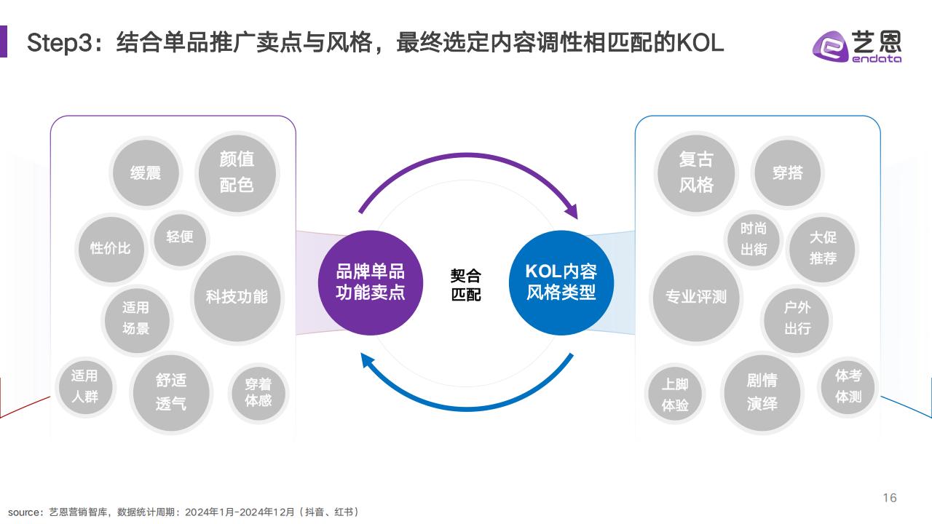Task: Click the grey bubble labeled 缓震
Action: [146, 172]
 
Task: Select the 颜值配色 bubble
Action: [237, 172]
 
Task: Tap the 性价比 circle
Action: [111, 249]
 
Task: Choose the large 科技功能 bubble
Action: [237, 298]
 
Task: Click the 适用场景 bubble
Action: [136, 319]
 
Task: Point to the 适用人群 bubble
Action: [85, 386]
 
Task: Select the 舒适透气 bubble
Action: [171, 392]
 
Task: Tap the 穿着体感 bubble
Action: [258, 392]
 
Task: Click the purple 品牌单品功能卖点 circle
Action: [371, 282]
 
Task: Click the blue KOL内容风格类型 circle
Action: [561, 282]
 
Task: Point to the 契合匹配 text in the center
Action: [466, 285]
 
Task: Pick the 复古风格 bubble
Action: [696, 172]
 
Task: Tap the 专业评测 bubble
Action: [696, 298]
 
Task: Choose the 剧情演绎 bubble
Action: [762, 392]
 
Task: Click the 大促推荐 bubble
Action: [823, 249]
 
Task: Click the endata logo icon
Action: [829, 47]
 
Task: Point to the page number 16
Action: [890, 498]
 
